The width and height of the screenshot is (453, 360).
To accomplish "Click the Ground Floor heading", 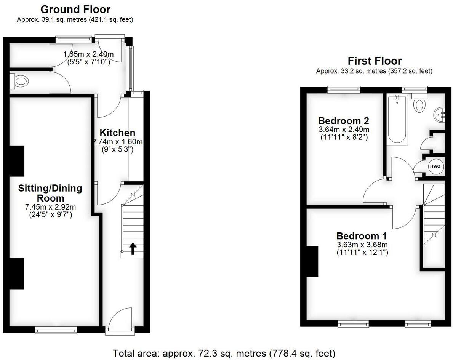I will point(75,10).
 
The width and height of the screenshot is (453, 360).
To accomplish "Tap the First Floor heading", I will point(375,61).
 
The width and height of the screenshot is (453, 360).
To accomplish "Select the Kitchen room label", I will point(117,133).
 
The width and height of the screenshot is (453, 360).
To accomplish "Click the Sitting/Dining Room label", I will point(50,193).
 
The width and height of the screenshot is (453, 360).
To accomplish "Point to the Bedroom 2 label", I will point(344,121).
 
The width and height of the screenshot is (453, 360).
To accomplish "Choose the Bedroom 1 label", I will point(362,235).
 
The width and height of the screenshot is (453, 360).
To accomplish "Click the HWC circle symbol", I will point(435,166).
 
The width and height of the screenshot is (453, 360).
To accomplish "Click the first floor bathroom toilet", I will point(419,103).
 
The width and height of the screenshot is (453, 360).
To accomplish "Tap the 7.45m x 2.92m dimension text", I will point(50,207).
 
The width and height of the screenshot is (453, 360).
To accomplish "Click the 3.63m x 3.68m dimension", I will point(362,245).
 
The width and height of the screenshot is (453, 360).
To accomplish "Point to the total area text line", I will point(224,353).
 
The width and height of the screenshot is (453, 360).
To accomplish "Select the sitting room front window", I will point(56,330).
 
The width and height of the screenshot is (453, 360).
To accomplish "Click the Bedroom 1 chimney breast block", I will point(312,261).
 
